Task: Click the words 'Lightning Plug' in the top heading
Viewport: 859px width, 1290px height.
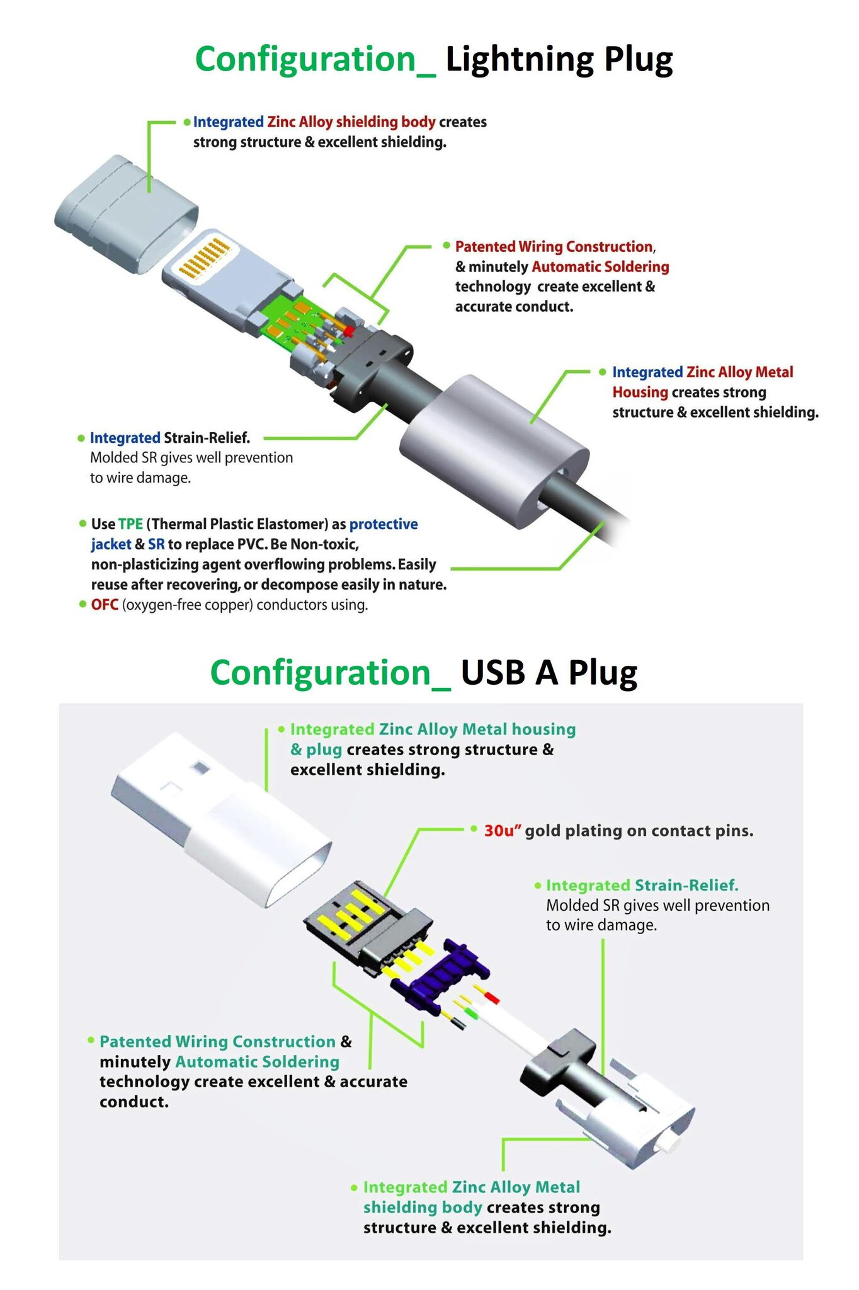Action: point(559,60)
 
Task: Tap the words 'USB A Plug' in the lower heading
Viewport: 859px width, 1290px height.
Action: point(549,673)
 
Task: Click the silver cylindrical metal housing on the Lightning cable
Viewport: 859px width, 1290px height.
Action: point(494,450)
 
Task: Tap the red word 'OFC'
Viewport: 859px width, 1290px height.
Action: point(105,605)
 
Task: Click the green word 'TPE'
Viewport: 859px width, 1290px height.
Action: point(130,524)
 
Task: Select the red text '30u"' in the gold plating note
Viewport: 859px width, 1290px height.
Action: point(503,831)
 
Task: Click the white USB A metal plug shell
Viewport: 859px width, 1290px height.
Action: point(220,819)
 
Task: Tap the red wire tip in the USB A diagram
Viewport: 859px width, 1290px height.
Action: point(492,998)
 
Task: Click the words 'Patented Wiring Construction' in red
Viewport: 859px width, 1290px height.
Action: point(554,247)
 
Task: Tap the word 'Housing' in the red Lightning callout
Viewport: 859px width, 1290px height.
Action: point(640,392)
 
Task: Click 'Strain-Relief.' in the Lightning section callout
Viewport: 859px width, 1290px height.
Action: point(207,438)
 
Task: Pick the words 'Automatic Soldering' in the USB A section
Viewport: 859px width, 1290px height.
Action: point(258,1061)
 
